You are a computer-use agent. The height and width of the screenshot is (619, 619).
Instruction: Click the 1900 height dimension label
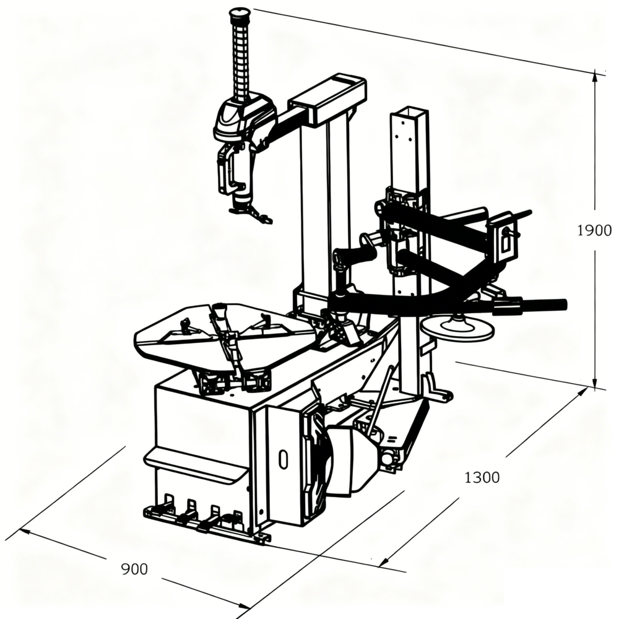[x=594, y=230]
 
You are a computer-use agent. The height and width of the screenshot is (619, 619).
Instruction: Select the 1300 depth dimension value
[x=482, y=478]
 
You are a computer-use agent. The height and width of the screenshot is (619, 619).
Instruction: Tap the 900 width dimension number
[x=134, y=569]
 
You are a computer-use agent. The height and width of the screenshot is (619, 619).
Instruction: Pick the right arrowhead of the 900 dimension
[x=245, y=605]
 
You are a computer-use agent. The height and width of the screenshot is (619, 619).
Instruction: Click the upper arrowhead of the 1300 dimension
[x=584, y=392]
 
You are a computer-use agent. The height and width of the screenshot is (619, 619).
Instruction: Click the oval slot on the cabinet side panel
[x=283, y=459]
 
